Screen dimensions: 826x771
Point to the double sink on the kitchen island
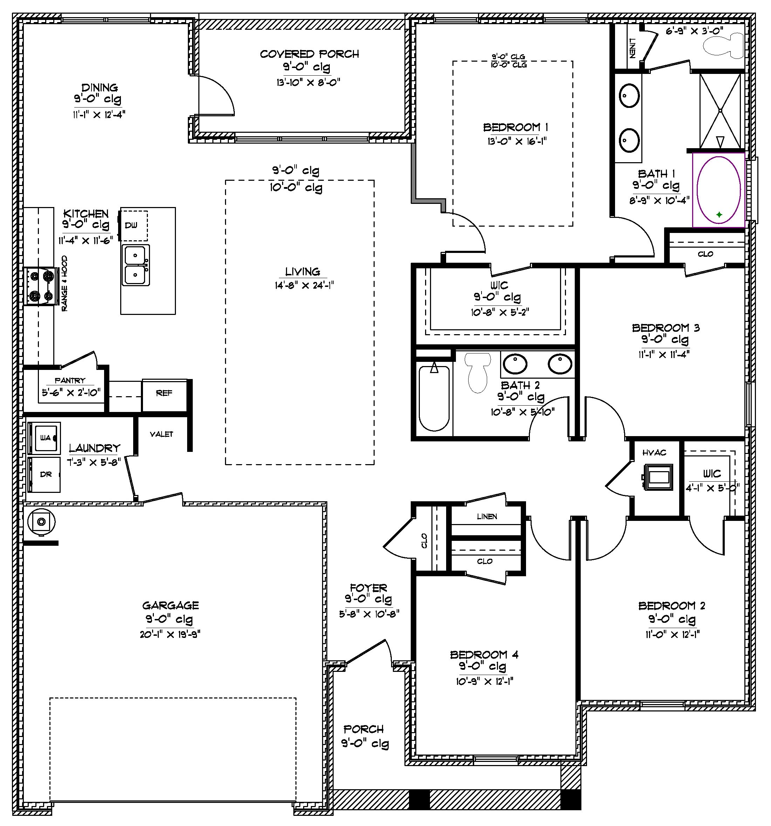pos(136,265)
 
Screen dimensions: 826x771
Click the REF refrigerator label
pos(164,393)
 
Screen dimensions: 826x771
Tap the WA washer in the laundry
pos(45,438)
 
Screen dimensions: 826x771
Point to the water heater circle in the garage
pos(41,522)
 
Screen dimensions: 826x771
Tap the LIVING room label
pos(302,272)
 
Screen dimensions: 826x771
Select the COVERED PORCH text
pos(309,54)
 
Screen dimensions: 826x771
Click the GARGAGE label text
pos(170,605)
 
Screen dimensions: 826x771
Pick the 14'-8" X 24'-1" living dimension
pos(304,285)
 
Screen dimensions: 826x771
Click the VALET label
pos(161,434)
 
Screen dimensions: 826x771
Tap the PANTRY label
pos(70,380)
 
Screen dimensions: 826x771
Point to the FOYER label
pos(368,588)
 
